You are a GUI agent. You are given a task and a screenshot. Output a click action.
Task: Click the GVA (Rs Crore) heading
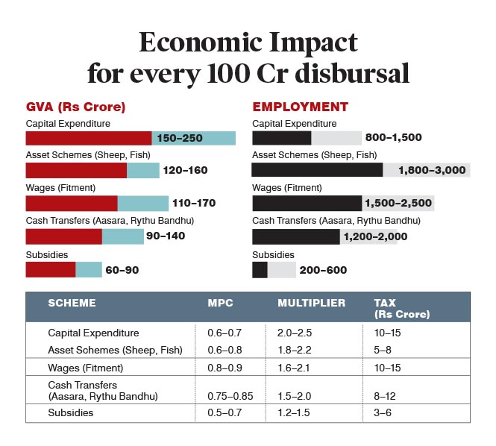coord(75,107)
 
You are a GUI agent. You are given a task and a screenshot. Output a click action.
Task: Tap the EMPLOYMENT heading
coord(301,107)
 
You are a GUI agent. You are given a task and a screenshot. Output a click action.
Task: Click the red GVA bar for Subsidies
coord(51,269)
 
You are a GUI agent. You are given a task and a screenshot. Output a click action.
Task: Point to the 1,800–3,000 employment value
coord(432,170)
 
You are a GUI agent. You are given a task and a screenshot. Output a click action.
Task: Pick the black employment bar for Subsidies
coord(260,269)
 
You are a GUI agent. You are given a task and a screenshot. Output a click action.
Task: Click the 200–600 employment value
coord(323,270)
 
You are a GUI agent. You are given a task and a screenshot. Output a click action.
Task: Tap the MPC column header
coord(220,303)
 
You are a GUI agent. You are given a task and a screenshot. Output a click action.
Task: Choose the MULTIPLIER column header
coord(311,303)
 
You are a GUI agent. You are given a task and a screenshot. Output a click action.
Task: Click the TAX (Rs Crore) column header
coord(401,308)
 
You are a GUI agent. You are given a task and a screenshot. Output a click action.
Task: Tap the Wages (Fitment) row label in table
coord(84,367)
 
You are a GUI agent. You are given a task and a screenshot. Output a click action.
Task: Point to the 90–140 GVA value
coord(166,236)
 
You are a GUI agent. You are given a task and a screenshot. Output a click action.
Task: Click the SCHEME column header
coord(72,303)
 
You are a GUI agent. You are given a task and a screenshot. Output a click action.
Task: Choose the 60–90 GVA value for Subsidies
coord(122,270)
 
